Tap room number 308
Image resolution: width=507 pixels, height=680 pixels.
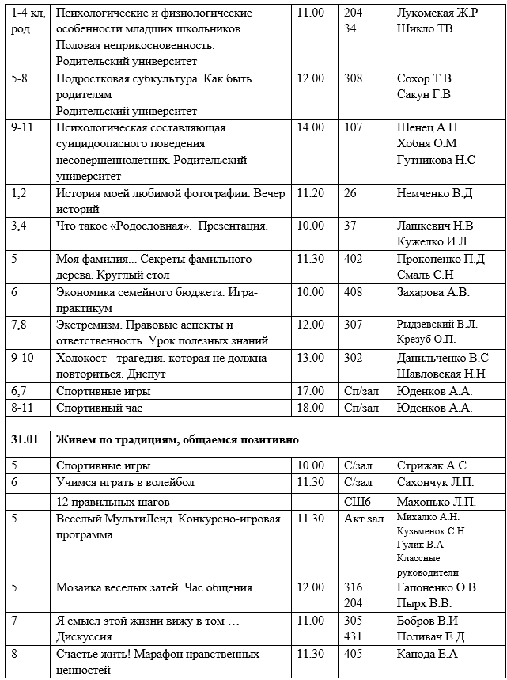[354, 78]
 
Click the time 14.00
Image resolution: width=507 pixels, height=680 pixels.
[310, 127]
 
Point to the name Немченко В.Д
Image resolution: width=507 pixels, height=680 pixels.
[434, 193]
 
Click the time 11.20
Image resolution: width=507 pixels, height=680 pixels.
[310, 193]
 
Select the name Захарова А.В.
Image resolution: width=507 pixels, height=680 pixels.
[433, 292]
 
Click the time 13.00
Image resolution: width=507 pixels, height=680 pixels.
[310, 358]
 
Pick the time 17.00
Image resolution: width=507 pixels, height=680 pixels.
[310, 391]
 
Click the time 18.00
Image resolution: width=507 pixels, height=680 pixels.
[310, 408]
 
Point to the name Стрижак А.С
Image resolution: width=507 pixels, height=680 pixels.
[432, 465]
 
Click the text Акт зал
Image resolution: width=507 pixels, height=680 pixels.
[364, 519]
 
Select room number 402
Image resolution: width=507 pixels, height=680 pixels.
[354, 259]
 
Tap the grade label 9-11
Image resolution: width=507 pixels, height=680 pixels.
[24, 127]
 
